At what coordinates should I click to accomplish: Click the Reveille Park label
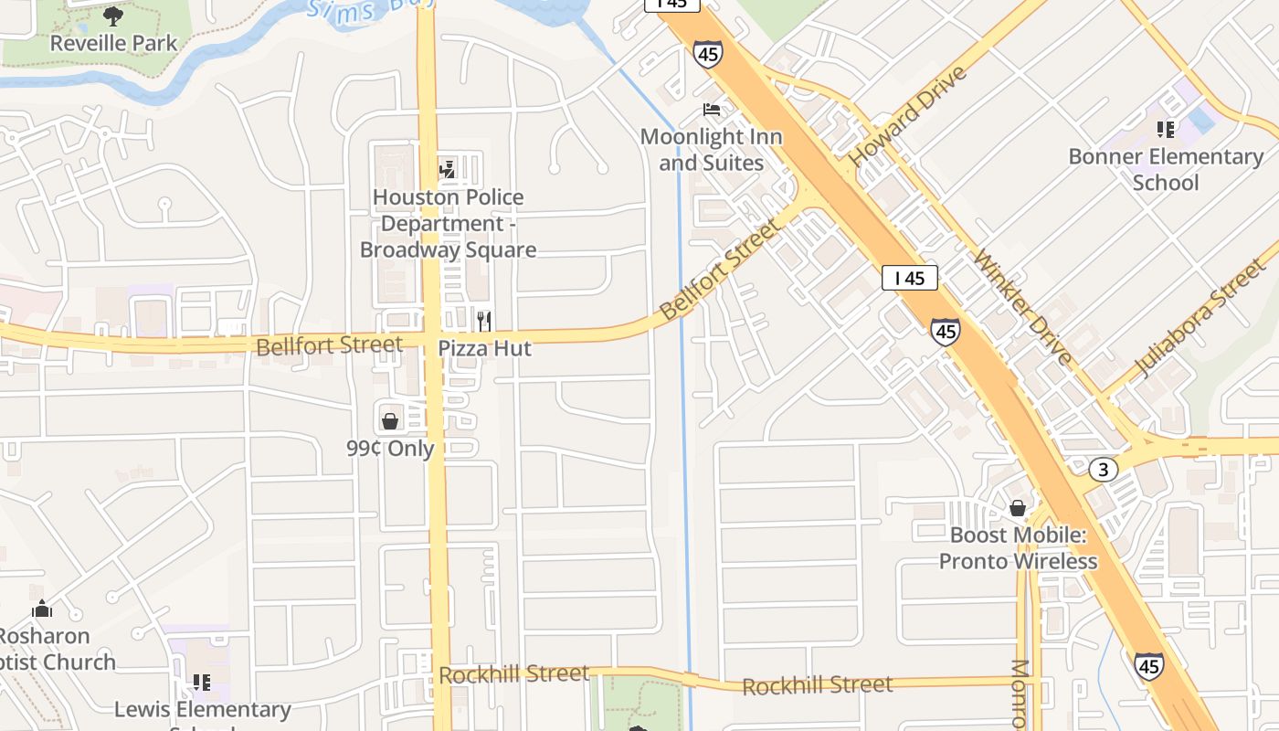pyautogui.click(x=114, y=43)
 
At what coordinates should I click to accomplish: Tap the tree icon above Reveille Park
pyautogui.click(x=113, y=15)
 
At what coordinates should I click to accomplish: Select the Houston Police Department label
pyautogui.click(x=448, y=223)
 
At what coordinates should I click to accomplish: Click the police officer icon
pyautogui.click(x=447, y=168)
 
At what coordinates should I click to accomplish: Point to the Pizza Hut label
pyautogui.click(x=484, y=348)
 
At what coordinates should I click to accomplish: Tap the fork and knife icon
pyautogui.click(x=484, y=321)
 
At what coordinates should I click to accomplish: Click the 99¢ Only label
pyautogui.click(x=390, y=449)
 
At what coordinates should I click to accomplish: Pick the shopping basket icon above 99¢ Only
pyautogui.click(x=390, y=420)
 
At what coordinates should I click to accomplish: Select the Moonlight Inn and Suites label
pyautogui.click(x=711, y=150)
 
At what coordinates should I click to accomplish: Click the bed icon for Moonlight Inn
pyautogui.click(x=712, y=110)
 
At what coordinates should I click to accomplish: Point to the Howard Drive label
pyautogui.click(x=907, y=116)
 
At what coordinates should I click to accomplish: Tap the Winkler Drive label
pyautogui.click(x=1023, y=306)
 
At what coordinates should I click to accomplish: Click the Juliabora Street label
pyautogui.click(x=1198, y=318)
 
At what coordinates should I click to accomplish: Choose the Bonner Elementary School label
pyautogui.click(x=1166, y=169)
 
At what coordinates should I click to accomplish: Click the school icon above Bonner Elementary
pyautogui.click(x=1165, y=129)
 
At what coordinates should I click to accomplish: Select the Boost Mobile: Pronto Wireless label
pyautogui.click(x=1018, y=547)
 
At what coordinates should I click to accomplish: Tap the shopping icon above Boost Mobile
pyautogui.click(x=1018, y=508)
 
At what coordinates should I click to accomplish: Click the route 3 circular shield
pyautogui.click(x=1104, y=470)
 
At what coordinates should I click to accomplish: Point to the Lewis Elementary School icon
pyautogui.click(x=202, y=682)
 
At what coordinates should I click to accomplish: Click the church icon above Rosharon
pyautogui.click(x=42, y=609)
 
